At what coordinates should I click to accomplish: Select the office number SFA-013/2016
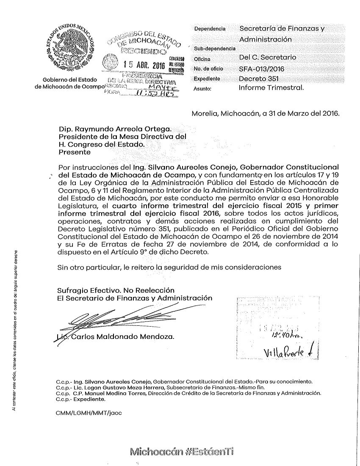pos(261,68)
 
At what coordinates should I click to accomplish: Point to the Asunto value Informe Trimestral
pos(271,89)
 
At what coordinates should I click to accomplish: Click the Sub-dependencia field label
pos(214,49)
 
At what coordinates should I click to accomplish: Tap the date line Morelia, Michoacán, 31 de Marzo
pos(266,114)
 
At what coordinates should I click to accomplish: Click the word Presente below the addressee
pos(74,152)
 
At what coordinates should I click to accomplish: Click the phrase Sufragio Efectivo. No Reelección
pos(110,290)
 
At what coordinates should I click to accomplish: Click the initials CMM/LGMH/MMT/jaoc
pos(89,413)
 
